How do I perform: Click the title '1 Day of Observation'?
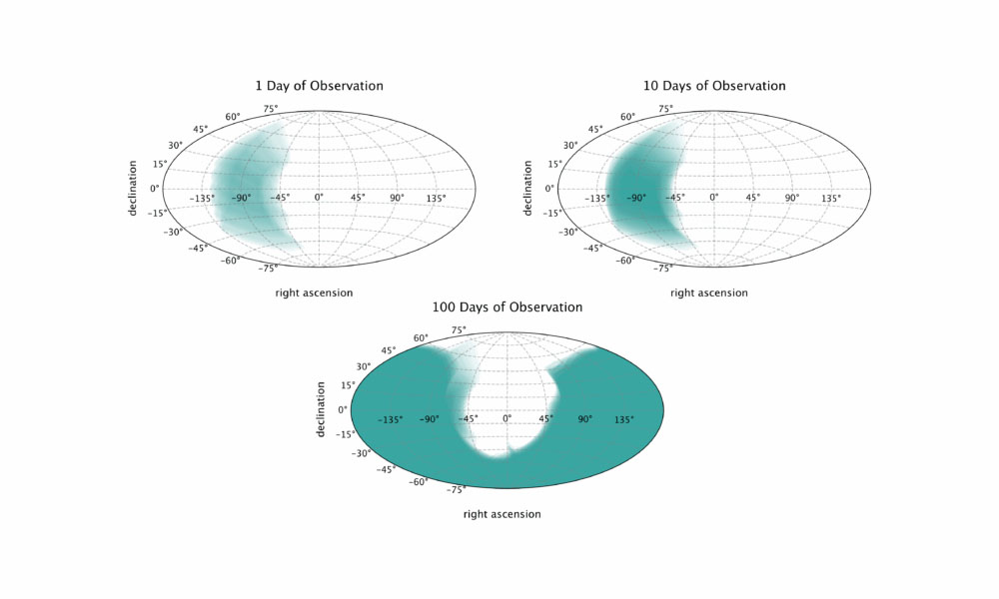pyautogui.click(x=319, y=86)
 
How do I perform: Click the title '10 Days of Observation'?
pyautogui.click(x=714, y=86)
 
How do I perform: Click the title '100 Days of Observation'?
pyautogui.click(x=506, y=306)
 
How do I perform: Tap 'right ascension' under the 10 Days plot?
pyautogui.click(x=708, y=293)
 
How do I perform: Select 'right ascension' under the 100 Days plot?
pyautogui.click(x=501, y=514)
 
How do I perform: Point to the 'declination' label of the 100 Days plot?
pyautogui.click(x=320, y=409)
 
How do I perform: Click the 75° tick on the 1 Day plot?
pyautogui.click(x=271, y=108)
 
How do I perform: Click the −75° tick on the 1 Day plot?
pyautogui.click(x=268, y=269)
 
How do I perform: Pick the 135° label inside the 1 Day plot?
pyautogui.click(x=437, y=198)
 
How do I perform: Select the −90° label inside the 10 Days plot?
pyautogui.click(x=635, y=198)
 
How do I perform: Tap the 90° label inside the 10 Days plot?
pyautogui.click(x=791, y=198)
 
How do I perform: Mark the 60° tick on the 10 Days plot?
pyautogui.click(x=627, y=117)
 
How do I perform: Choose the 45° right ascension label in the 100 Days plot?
pyautogui.click(x=546, y=419)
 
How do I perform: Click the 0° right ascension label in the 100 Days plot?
pyautogui.click(x=506, y=419)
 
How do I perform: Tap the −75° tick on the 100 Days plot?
pyautogui.click(x=457, y=489)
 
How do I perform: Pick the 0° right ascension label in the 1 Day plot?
pyautogui.click(x=319, y=198)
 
